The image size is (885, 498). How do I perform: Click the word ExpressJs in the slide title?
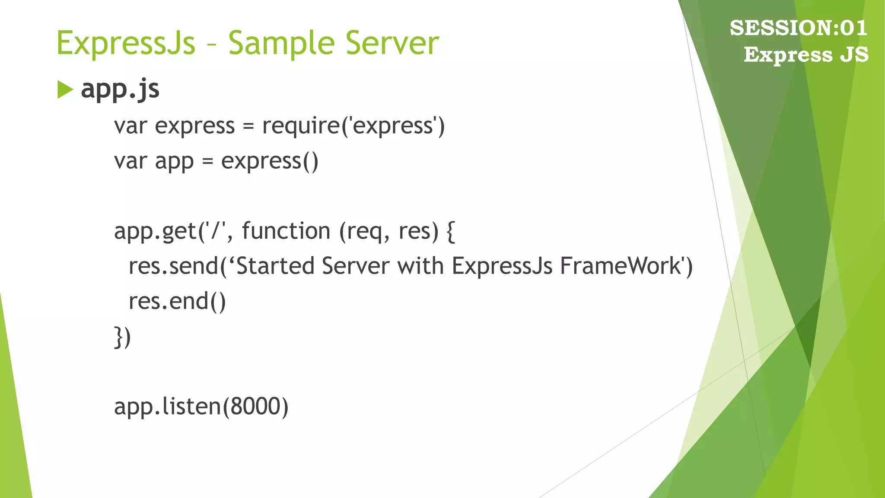click(126, 43)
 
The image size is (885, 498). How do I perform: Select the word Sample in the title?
click(281, 43)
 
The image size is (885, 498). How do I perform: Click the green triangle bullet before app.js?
click(65, 90)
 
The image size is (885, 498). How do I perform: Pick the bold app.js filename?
click(120, 89)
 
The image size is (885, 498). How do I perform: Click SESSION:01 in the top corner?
click(798, 28)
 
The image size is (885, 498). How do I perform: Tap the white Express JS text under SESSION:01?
click(806, 55)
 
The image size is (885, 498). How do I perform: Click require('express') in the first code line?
click(353, 126)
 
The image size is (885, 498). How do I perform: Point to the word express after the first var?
click(194, 126)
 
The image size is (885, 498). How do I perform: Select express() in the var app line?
click(270, 161)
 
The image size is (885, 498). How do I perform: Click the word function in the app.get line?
click(286, 231)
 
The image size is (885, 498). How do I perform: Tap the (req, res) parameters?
click(388, 231)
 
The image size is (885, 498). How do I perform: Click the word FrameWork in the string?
click(621, 266)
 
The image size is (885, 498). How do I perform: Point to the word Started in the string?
click(275, 266)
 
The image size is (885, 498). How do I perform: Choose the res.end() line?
click(177, 301)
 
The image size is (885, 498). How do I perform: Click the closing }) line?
click(122, 337)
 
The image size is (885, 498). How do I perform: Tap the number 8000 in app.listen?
click(255, 407)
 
